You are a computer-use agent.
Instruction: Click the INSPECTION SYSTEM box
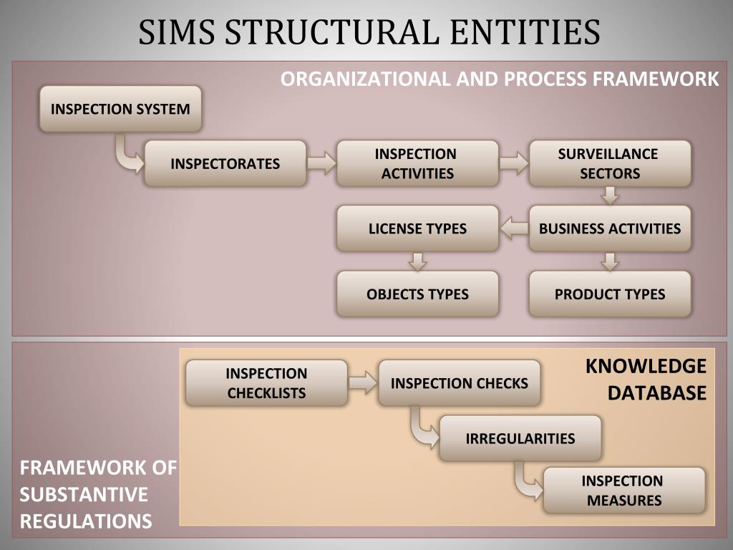click(x=120, y=109)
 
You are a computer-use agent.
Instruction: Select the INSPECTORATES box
click(x=225, y=163)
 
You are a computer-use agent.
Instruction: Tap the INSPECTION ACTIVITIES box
click(x=417, y=163)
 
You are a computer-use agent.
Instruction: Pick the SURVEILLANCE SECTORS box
click(x=610, y=163)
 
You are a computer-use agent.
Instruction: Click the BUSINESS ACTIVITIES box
click(x=610, y=228)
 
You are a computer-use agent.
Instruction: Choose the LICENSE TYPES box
click(x=417, y=228)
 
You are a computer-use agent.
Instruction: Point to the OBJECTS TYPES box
click(x=417, y=294)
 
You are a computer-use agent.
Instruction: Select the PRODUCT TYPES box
click(x=610, y=294)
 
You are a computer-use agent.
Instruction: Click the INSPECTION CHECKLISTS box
click(x=266, y=382)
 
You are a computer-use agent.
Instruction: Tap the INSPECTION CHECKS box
click(x=459, y=382)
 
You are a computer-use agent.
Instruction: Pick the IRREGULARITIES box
click(x=520, y=438)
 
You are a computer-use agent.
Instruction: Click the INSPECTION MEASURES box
click(x=623, y=490)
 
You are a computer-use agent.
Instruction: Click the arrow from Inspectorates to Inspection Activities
click(x=321, y=163)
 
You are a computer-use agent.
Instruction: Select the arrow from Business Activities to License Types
click(x=513, y=228)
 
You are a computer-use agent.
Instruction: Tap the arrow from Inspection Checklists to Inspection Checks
click(x=363, y=382)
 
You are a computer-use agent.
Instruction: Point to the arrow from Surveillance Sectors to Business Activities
click(x=610, y=196)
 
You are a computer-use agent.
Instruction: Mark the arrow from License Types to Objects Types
click(x=417, y=261)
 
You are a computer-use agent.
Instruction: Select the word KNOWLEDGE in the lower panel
click(x=646, y=366)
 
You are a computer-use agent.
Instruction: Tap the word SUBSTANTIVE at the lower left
click(x=84, y=494)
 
